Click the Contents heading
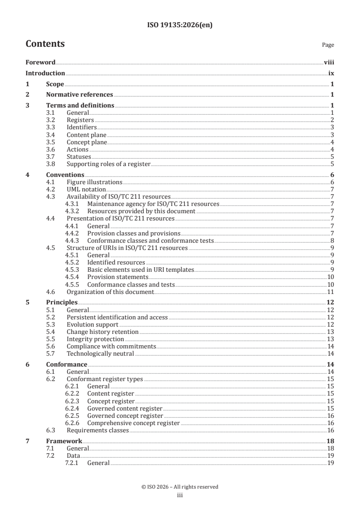pos(45,44)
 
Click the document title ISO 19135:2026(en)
pos(180,25)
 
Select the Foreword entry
pos(40,63)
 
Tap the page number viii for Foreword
pos(329,63)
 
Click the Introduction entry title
pos(45,73)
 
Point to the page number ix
pos(331,73)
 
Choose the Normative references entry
pos(79,95)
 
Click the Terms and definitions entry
pos(80,106)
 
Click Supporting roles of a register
pos(108,164)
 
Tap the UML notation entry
pos(86,189)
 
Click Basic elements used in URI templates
pos(140,269)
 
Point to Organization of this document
pos(110,291)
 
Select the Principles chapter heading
pos(62,302)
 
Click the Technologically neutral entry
pos(100,353)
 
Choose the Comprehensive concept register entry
pos(133,423)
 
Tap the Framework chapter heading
pos(64,441)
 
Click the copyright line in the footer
pos(180,487)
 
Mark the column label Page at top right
pos(328,45)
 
